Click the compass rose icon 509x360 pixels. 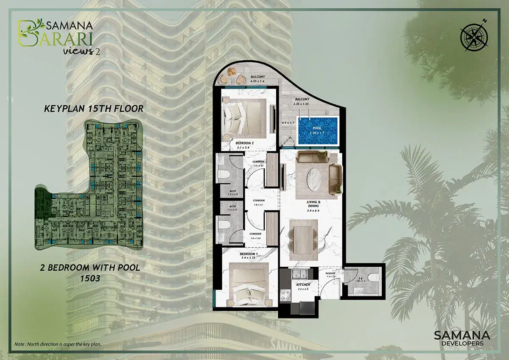pos(472,33)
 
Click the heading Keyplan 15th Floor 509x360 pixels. pos(94,109)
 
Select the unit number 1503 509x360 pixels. pos(92,279)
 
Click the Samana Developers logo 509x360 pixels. pos(462,338)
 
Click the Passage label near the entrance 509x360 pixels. pos(330,275)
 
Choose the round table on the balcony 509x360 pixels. pos(232,72)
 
